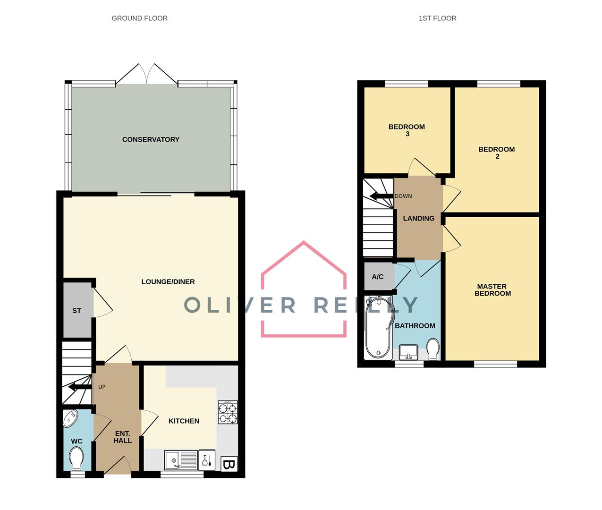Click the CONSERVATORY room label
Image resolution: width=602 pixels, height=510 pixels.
151,139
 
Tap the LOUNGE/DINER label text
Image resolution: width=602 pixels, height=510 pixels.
168,281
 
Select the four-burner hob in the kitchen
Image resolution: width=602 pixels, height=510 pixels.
228,412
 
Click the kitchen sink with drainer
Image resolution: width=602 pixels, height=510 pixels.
181,460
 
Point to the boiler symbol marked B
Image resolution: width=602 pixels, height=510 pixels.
229,464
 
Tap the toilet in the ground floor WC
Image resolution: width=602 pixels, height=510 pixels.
76,458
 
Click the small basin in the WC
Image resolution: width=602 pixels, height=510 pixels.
71,418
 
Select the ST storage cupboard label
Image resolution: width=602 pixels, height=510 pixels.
76,310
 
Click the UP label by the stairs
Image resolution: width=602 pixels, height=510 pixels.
102,387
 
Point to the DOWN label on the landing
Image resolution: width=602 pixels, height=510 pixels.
403,196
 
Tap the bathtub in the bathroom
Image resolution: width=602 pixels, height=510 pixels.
378,327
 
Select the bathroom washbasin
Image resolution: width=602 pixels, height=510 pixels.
408,352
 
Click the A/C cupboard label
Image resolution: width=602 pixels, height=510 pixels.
378,277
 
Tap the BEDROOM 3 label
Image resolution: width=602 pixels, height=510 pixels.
407,130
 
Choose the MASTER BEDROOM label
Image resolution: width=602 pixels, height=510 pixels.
492,289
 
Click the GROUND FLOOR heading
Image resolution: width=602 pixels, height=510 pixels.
139,18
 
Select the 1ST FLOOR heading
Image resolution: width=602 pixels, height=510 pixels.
437,18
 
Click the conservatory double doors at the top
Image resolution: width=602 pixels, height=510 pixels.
147,75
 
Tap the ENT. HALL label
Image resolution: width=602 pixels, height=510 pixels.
122,437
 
